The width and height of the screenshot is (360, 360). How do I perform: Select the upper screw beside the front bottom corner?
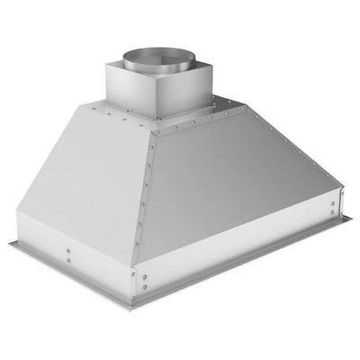coord(137,274)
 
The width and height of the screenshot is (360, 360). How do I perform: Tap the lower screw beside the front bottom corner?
coord(137,291)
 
